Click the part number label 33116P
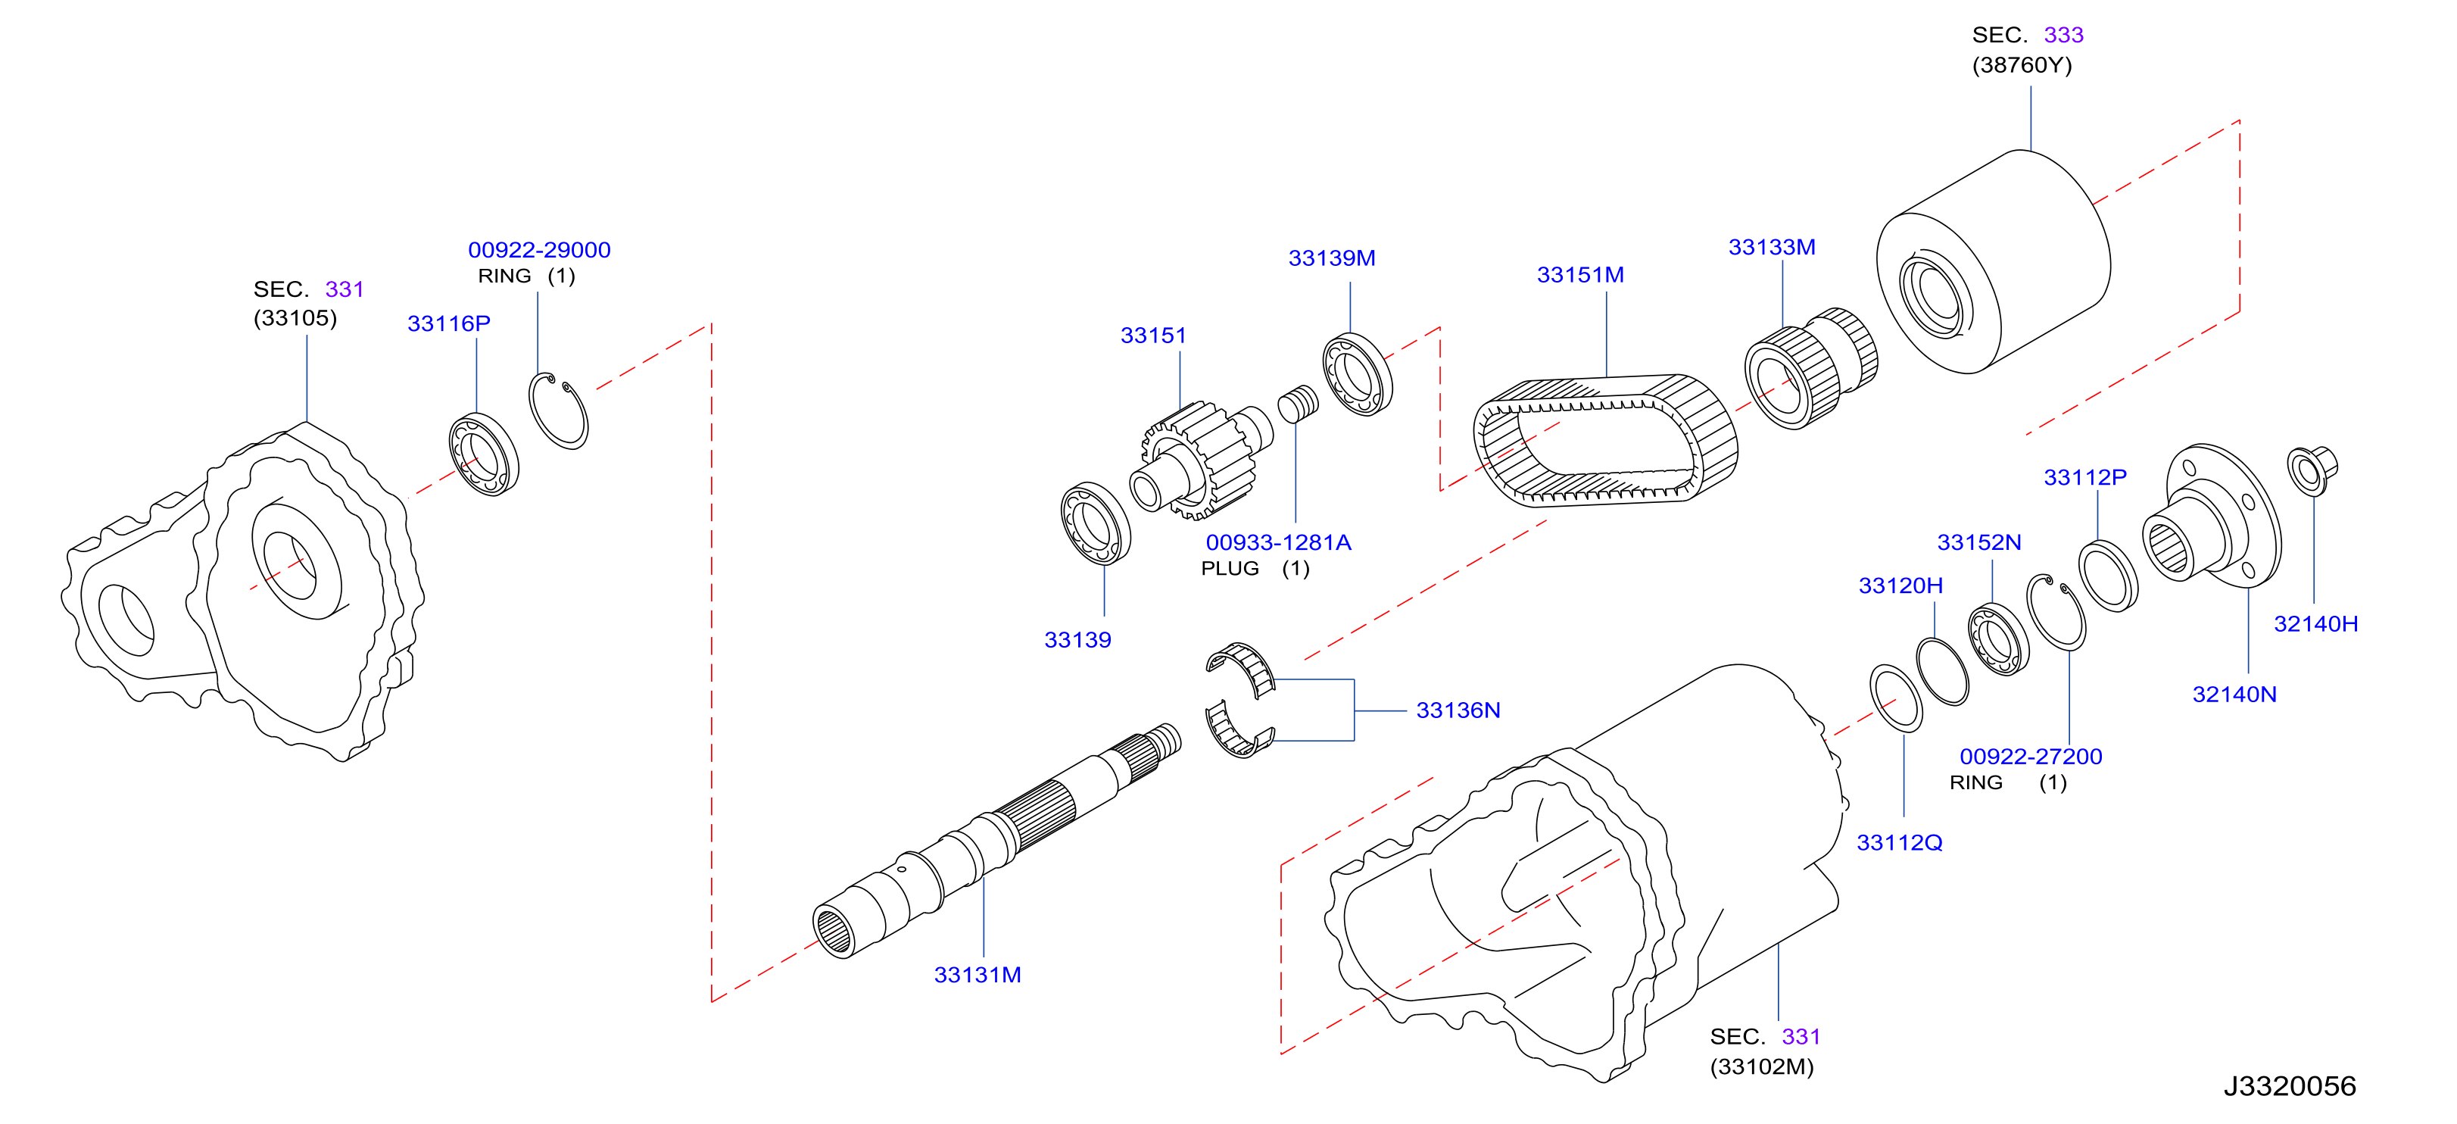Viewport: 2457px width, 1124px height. point(448,323)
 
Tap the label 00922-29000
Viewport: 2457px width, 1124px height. point(539,250)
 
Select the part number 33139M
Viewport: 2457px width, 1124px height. point(1332,258)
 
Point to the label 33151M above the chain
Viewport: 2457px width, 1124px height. point(1579,275)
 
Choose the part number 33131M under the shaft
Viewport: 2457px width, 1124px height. point(977,974)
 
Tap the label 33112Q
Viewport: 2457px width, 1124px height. point(1899,842)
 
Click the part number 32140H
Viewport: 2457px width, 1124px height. point(2316,624)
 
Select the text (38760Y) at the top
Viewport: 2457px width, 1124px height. point(2022,65)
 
